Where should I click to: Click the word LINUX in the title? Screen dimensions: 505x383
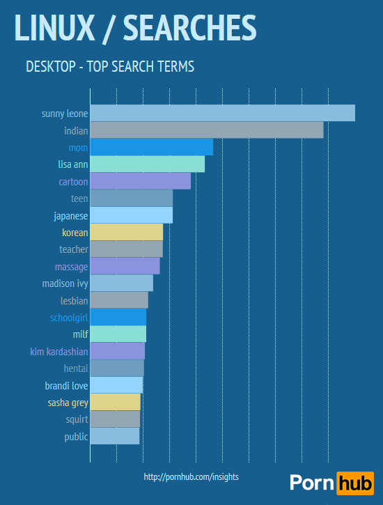pos(53,27)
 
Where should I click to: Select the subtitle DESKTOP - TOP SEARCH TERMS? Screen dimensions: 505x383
pos(109,67)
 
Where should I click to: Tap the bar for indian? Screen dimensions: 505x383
pos(207,130)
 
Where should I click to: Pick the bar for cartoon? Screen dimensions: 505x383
pos(141,181)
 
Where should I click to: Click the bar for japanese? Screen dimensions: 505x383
pos(132,215)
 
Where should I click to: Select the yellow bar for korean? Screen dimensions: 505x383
pos(127,232)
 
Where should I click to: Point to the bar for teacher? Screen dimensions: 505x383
pos(127,249)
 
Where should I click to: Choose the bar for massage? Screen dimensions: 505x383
pos(125,266)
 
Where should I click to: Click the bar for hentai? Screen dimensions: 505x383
pos(117,368)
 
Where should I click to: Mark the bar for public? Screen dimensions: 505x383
pos(115,436)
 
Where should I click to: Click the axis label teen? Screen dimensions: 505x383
pos(79,199)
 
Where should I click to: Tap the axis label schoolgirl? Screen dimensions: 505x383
pos(69,318)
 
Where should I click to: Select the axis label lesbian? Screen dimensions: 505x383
pos(75,301)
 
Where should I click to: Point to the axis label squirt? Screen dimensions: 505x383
pos(77,420)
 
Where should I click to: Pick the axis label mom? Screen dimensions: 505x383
pos(78,148)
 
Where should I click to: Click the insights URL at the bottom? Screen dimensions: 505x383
pos(191,477)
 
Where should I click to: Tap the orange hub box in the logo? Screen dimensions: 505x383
pos(354,483)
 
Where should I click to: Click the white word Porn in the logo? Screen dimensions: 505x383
pos(311,483)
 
